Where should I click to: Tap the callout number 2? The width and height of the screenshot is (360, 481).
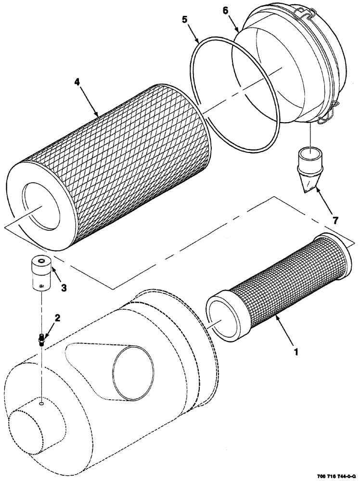tap(57, 318)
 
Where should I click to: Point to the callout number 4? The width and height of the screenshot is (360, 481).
tap(77, 82)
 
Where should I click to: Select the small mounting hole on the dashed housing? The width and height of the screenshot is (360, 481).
tap(42, 404)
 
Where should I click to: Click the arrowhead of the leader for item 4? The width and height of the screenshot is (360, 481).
tap(98, 115)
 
